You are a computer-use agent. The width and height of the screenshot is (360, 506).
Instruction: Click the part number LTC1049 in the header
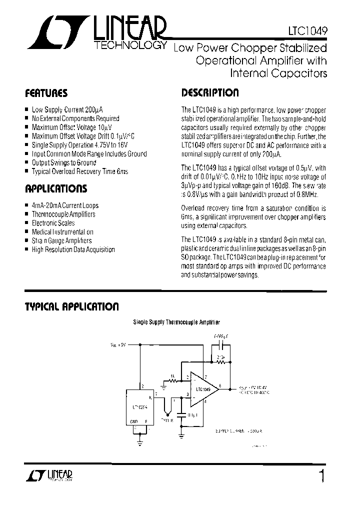pyautogui.click(x=308, y=30)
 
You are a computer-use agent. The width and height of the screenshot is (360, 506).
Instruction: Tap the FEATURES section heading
pyautogui.click(x=46, y=93)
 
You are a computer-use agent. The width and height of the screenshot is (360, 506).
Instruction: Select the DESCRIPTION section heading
pyautogui.click(x=209, y=93)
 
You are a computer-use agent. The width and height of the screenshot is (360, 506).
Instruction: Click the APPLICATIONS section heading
pyautogui.click(x=55, y=189)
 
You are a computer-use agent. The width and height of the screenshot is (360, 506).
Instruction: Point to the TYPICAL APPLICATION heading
pyautogui.click(x=71, y=306)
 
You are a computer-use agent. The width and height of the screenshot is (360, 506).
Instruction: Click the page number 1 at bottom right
pyautogui.click(x=322, y=475)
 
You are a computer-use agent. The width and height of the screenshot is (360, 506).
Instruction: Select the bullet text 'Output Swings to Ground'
pyautogui.click(x=63, y=162)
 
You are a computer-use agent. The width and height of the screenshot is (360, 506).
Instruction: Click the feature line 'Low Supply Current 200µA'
pyautogui.click(x=67, y=109)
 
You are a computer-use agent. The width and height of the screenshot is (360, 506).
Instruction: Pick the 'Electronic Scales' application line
pyautogui.click(x=53, y=223)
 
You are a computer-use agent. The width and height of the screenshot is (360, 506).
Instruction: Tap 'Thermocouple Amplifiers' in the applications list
pyautogui.click(x=63, y=214)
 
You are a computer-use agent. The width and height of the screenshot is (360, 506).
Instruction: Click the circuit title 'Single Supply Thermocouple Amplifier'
pyautogui.click(x=176, y=323)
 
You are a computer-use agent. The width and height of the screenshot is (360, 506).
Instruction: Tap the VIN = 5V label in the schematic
pyautogui.click(x=118, y=344)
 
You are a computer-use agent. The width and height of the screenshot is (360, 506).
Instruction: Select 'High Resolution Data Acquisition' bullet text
pyautogui.click(x=73, y=249)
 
